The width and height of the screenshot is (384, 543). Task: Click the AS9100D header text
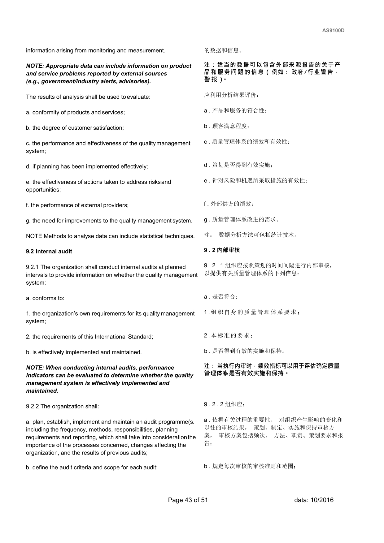tap(333, 31)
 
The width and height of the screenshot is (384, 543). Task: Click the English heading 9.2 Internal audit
tap(49, 252)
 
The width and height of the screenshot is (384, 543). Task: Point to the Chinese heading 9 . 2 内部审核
tap(222, 250)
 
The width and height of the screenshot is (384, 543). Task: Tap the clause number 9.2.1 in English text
tap(33, 267)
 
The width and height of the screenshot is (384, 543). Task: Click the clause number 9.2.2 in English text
tap(33, 406)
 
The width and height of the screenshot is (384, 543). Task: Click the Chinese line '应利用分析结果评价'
tap(231, 95)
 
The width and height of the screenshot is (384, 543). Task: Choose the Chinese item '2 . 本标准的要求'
tap(228, 335)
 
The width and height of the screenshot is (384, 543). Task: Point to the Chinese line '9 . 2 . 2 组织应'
tap(224, 404)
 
